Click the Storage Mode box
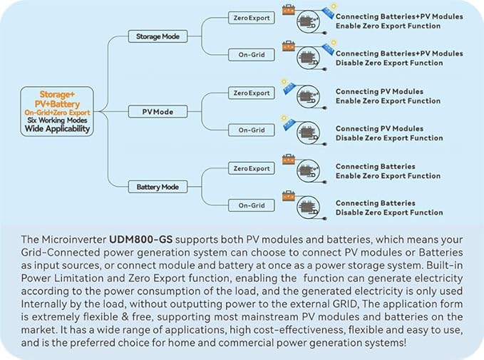158,36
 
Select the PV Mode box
158,112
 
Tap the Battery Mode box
158,187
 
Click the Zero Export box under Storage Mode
251,18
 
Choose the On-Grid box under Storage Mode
251,55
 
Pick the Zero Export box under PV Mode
251,93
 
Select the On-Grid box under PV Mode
251,130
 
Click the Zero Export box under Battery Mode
251,168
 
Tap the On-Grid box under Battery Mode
251,205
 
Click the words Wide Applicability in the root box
57,129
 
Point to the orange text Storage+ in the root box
57,94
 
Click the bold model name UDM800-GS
140,240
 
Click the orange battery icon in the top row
289,10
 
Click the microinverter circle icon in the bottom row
308,207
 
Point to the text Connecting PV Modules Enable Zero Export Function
388,96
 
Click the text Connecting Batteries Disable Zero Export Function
389,207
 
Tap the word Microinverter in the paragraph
73,240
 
